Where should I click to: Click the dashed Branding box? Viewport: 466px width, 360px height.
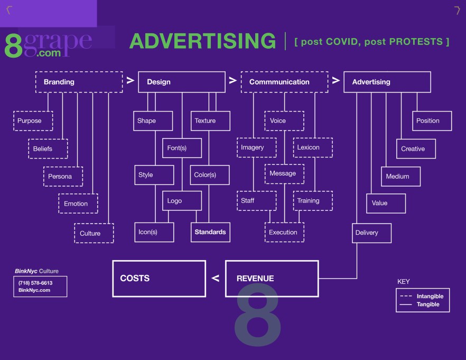(x=79, y=82)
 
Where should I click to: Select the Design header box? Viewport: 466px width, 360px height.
(x=182, y=82)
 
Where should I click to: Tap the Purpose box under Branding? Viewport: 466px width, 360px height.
(x=33, y=121)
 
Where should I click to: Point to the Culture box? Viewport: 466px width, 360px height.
(x=94, y=233)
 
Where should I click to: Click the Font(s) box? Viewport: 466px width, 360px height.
(x=182, y=148)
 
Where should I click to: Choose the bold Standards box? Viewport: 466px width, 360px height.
(x=210, y=232)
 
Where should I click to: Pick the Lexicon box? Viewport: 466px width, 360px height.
(x=313, y=147)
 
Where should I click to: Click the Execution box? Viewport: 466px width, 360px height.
(x=284, y=233)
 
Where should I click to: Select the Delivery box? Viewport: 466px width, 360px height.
(x=372, y=233)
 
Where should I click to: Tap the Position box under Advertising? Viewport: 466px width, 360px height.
(x=432, y=121)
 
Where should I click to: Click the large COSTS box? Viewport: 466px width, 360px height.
(x=159, y=279)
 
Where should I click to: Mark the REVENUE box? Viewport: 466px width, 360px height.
(x=272, y=279)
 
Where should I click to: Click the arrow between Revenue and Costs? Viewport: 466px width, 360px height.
(x=216, y=279)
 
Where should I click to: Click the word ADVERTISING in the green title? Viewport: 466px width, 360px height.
(x=202, y=41)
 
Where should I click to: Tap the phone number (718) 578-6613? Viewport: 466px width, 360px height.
(x=35, y=283)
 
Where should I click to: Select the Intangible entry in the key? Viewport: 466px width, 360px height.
(x=430, y=296)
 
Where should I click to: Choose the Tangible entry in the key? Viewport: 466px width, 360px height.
(x=427, y=304)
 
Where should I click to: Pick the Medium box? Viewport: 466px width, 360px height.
(x=400, y=177)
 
